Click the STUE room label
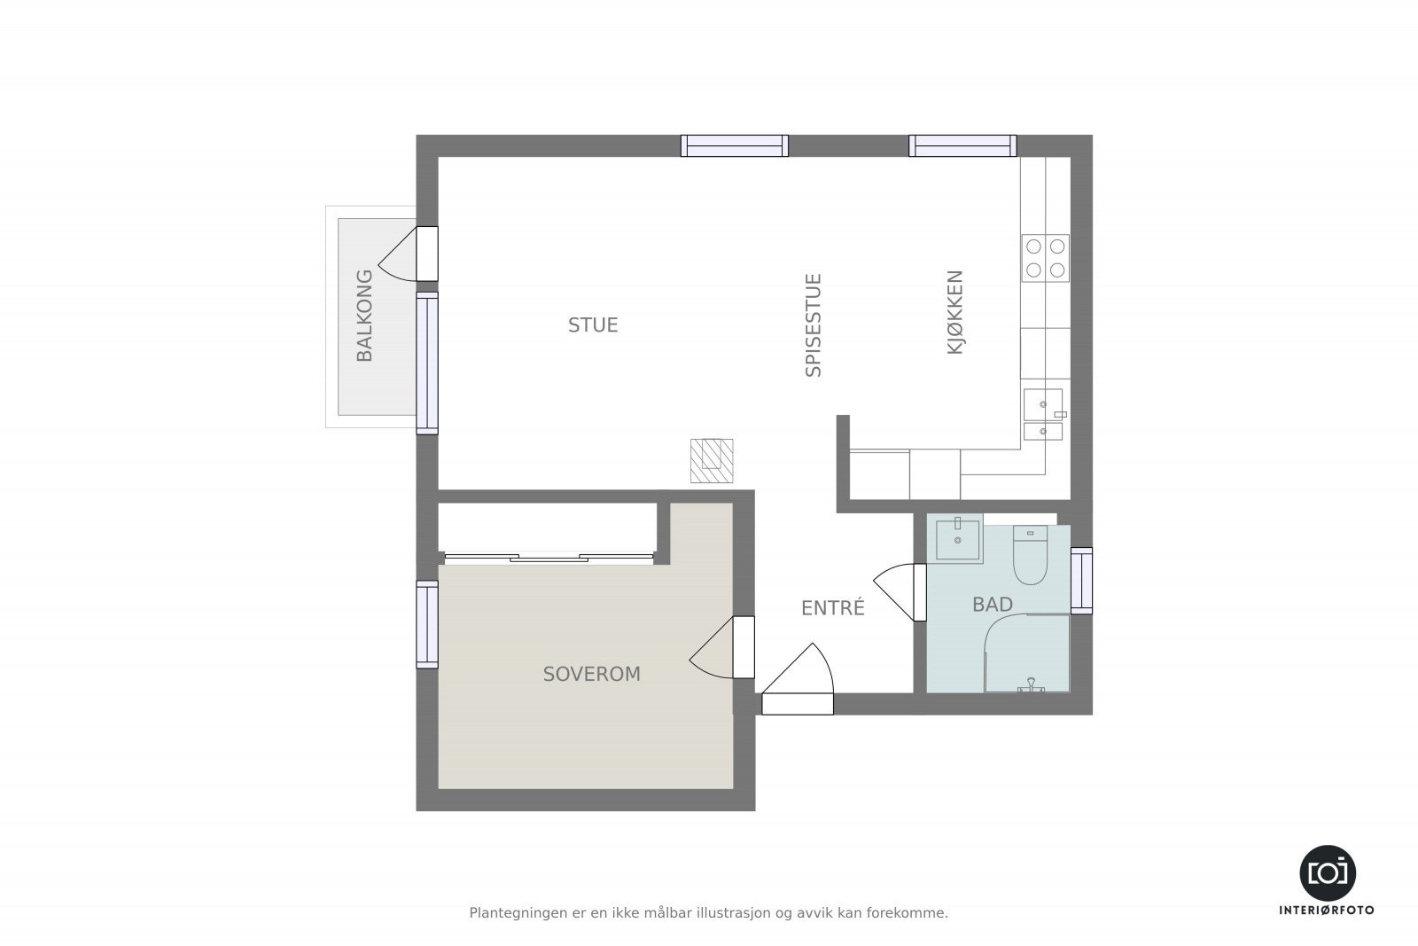(593, 325)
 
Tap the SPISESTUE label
(814, 325)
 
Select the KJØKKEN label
(954, 313)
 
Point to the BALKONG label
(364, 316)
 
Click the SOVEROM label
(591, 675)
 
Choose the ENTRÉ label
(832, 608)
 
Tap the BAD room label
(992, 605)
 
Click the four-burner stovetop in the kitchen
(1045, 258)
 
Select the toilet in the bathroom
(1030, 556)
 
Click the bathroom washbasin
(958, 541)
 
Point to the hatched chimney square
(712, 460)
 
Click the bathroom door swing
(898, 589)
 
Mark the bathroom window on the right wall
(1081, 581)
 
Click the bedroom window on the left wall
(427, 624)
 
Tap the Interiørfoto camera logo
(1327, 872)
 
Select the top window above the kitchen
(962, 145)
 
